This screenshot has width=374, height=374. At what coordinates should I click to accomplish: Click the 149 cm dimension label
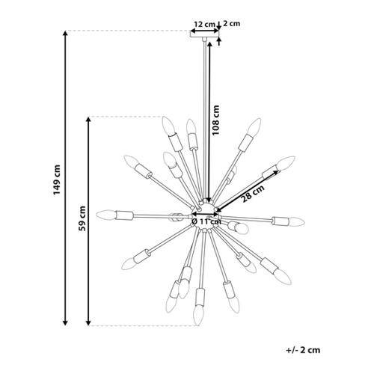pos(57,180)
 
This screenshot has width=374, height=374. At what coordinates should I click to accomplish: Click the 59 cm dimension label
pos(82,218)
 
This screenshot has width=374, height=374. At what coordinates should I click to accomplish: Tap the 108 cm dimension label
pos(215,120)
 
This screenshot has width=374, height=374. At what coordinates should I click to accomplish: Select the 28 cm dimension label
pos(253,194)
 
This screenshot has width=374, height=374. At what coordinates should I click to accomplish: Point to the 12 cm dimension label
pos(204,24)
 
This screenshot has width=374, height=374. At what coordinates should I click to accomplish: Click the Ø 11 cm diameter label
pos(206,221)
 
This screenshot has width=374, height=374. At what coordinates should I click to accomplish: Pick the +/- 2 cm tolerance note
pos(303,350)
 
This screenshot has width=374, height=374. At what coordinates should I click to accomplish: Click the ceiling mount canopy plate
pos(204,34)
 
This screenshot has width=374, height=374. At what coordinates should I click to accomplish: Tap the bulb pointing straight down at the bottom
pos(198,316)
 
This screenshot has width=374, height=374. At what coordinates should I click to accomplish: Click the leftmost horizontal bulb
pos(105,215)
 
